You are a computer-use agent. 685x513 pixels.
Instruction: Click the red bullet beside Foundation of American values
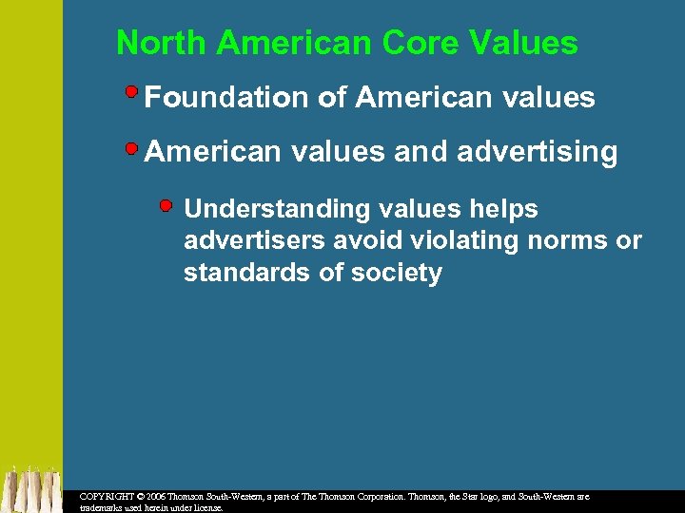pos(132,93)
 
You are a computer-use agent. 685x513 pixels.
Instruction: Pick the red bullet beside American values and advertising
pos(132,147)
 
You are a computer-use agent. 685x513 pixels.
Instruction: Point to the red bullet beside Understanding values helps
pos(167,205)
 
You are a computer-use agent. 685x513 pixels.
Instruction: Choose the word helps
pos(503,209)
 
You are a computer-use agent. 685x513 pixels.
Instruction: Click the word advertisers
pos(249,241)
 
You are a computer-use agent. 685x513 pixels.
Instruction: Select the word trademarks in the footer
pos(107,508)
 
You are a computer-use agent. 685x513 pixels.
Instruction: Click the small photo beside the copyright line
pos(30,489)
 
